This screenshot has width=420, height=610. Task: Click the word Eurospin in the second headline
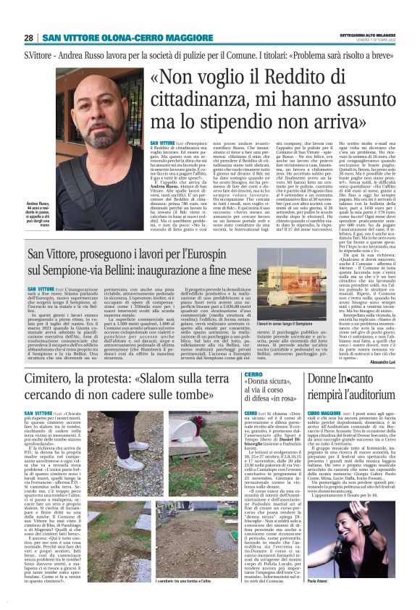click(291, 258)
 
